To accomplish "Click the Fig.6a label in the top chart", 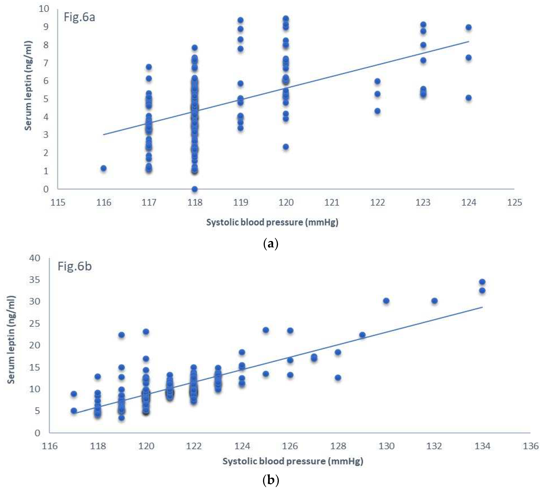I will [79, 17].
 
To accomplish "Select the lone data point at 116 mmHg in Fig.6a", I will [103, 168].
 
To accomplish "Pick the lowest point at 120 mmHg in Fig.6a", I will [286, 147].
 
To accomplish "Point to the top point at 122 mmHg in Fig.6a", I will [377, 81].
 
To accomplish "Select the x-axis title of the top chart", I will [272, 222].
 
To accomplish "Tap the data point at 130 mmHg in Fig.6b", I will [386, 301].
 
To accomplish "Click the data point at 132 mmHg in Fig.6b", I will [434, 301].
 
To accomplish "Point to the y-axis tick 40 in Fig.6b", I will [35, 258].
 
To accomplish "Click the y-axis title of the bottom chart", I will [11, 340].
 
